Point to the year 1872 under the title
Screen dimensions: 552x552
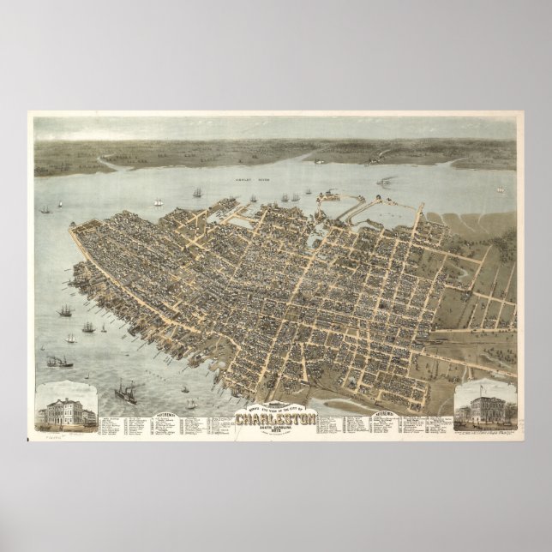276,434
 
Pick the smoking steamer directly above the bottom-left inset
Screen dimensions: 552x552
60,362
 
